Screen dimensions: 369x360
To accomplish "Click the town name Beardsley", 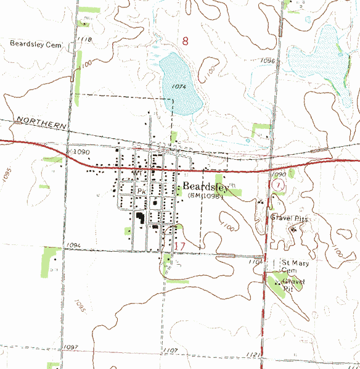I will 206,187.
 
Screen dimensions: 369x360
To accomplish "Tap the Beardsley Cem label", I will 36,44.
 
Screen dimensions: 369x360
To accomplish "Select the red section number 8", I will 186,41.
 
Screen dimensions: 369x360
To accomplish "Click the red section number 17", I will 180,246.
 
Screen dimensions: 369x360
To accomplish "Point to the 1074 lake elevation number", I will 180,86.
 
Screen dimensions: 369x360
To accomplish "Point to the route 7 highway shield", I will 279,184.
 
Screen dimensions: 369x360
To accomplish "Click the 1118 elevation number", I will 85,39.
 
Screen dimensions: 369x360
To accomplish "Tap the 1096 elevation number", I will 267,60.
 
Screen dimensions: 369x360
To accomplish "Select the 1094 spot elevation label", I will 72,246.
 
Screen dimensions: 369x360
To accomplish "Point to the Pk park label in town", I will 140,192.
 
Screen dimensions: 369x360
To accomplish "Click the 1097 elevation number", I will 72,348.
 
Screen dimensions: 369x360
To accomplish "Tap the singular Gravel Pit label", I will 293,284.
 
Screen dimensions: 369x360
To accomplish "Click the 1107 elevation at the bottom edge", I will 171,351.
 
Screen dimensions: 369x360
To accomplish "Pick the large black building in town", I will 141,218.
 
